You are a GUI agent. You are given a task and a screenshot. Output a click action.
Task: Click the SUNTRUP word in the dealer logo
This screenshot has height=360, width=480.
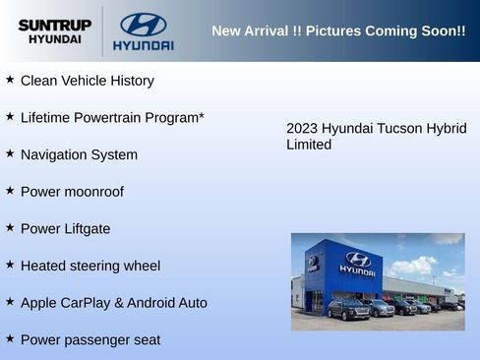coord(54,25)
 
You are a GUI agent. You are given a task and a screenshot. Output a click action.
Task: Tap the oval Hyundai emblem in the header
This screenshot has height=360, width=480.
coord(143,25)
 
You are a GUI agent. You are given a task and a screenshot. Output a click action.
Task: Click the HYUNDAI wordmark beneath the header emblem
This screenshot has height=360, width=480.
coord(143,45)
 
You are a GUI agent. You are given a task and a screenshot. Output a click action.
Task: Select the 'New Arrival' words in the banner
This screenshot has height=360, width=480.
coord(250,31)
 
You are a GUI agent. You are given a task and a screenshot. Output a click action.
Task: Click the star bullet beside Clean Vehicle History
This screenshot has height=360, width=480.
coord(10,80)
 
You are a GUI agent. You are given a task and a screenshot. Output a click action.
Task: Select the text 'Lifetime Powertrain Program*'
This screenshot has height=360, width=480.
coord(112,118)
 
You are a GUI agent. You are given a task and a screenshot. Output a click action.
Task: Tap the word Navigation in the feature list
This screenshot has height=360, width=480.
coord(54,155)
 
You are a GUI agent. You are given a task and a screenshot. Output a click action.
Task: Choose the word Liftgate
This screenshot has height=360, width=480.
coord(86,229)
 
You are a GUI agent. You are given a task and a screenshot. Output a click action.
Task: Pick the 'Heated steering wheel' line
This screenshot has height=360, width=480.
coord(90,266)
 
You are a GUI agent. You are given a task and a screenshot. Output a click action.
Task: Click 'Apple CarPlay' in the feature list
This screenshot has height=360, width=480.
coord(65,303)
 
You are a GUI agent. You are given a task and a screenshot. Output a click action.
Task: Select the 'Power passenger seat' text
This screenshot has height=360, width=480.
coord(90,340)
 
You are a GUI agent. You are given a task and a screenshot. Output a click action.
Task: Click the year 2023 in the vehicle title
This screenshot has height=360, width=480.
coord(302,129)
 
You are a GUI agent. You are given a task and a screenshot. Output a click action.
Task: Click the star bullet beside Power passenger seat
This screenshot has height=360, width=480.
coord(10,338)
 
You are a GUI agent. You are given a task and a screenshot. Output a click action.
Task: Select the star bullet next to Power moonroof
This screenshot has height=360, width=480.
coord(10,191)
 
